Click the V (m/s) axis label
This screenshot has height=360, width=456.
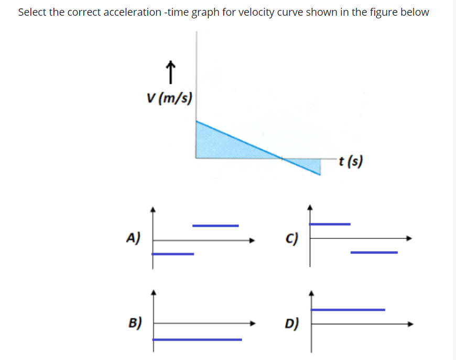coord(169,97)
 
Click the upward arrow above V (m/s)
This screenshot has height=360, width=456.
coord(169,72)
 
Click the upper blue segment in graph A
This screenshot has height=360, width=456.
coord(215,226)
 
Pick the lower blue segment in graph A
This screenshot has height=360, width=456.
coord(173,254)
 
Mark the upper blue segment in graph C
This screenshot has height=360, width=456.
coord(330,224)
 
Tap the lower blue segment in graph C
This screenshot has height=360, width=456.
coord(374,253)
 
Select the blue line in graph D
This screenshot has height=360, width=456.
coord(348,310)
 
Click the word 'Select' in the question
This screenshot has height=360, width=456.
coord(32,12)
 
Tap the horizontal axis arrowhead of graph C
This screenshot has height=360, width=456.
coord(410,238)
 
